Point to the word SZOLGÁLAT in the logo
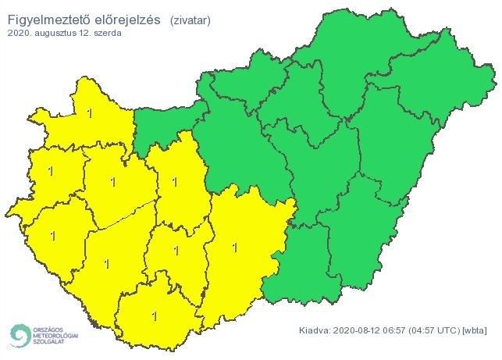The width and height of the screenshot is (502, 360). tap(48, 341)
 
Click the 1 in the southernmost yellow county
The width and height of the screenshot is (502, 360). tap(154, 317)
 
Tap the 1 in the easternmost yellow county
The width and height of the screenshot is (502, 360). tap(235, 248)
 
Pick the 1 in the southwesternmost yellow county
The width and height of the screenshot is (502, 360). tap(53, 234)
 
